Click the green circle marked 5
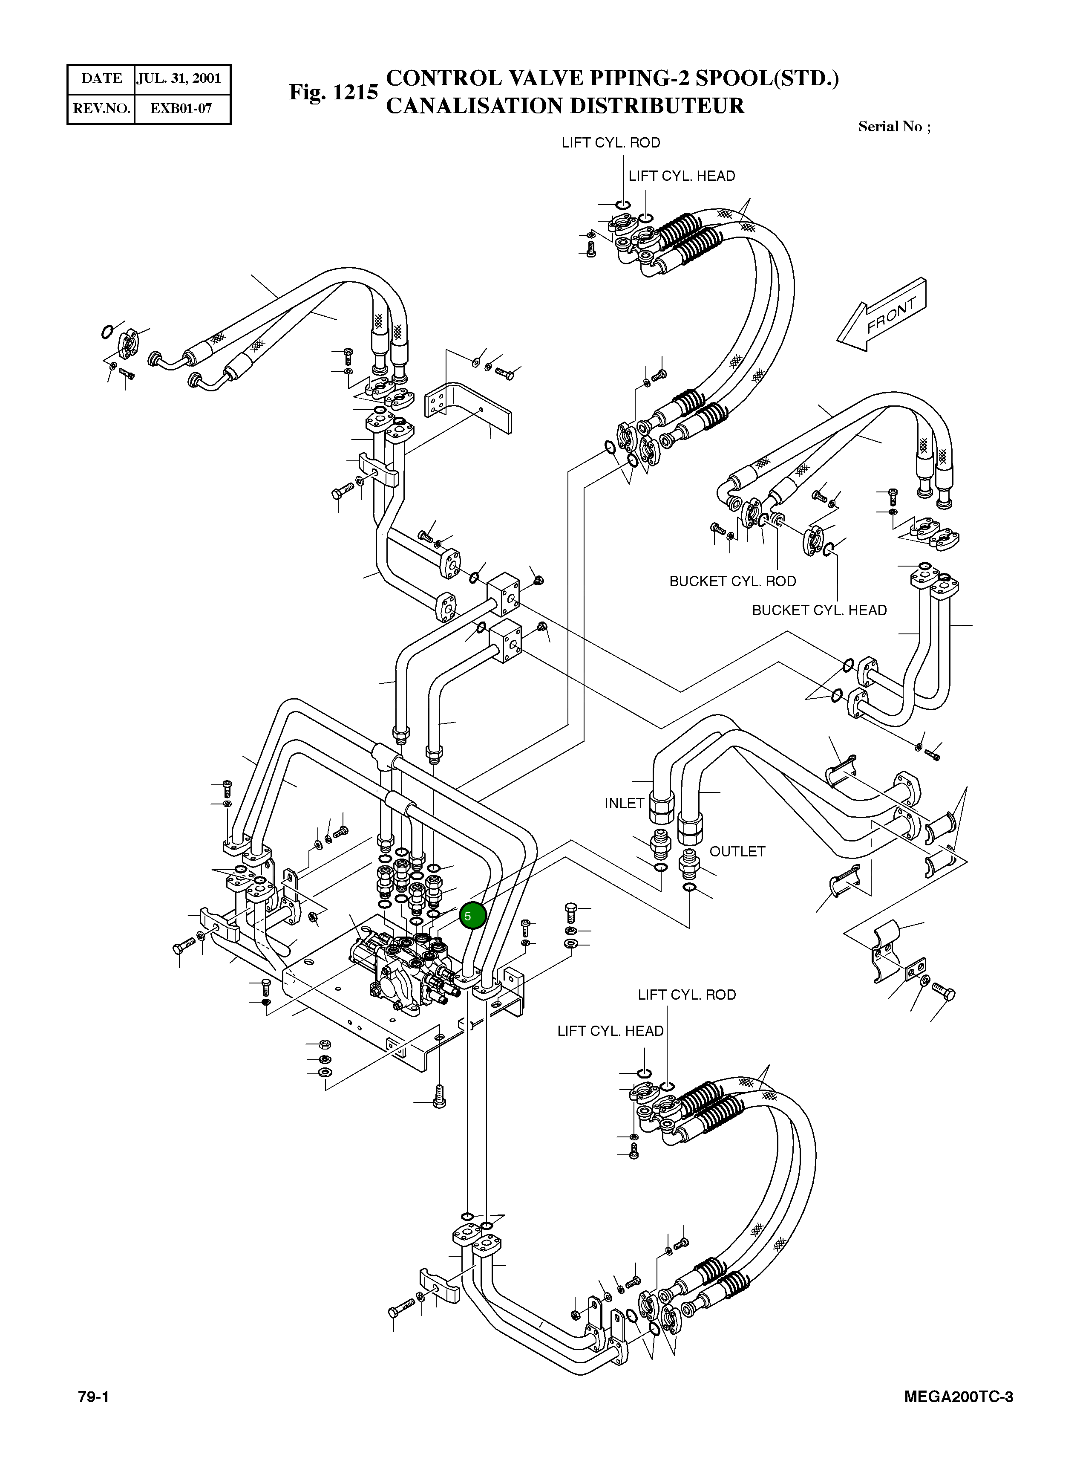[472, 916]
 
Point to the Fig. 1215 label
[333, 92]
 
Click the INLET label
[624, 804]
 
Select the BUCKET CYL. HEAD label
[820, 610]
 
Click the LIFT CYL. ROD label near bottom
[686, 995]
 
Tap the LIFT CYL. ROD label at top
[611, 143]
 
